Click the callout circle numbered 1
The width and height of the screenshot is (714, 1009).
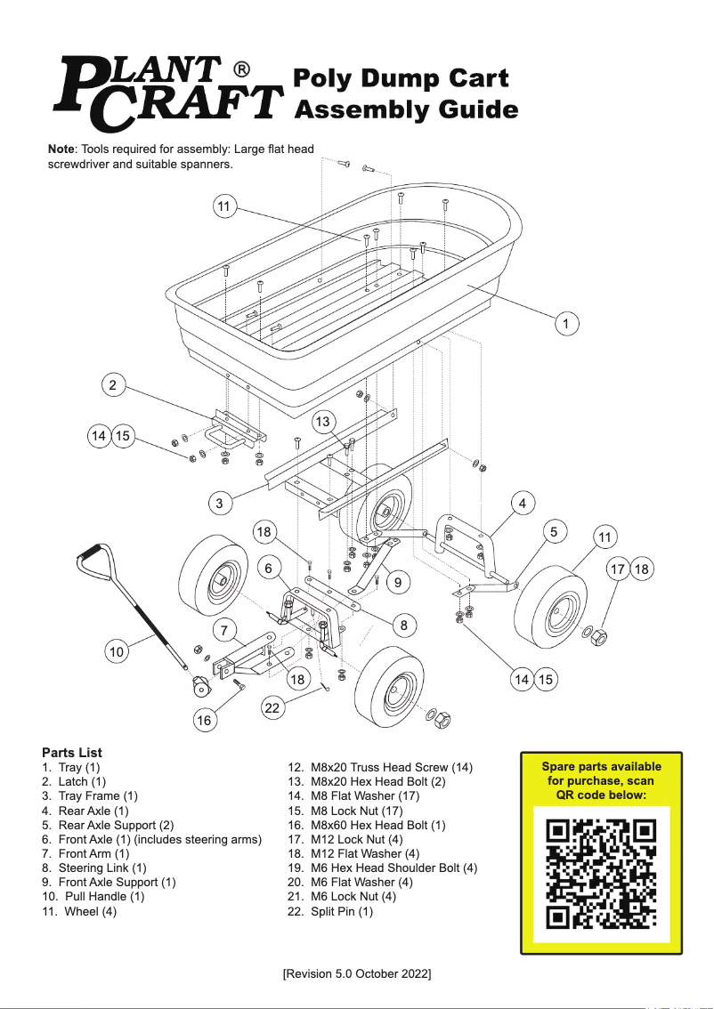tap(565, 323)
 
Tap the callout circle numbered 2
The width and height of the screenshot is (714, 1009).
tap(112, 385)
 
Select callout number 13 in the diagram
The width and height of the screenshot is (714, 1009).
tap(323, 421)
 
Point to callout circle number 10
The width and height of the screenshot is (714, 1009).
tap(117, 652)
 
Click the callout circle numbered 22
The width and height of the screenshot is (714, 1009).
tap(272, 708)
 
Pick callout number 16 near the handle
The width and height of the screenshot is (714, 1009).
tap(204, 720)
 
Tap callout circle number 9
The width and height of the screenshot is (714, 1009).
tap(397, 583)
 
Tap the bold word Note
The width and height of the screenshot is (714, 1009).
tap(61, 149)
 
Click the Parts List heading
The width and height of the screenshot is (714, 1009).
tap(72, 753)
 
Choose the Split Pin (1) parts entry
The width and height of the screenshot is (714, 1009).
tap(342, 911)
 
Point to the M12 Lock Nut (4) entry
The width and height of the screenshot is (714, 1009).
tap(353, 839)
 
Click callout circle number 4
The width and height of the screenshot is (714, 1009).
tap(523, 503)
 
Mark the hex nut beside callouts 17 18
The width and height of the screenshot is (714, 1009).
tap(600, 637)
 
